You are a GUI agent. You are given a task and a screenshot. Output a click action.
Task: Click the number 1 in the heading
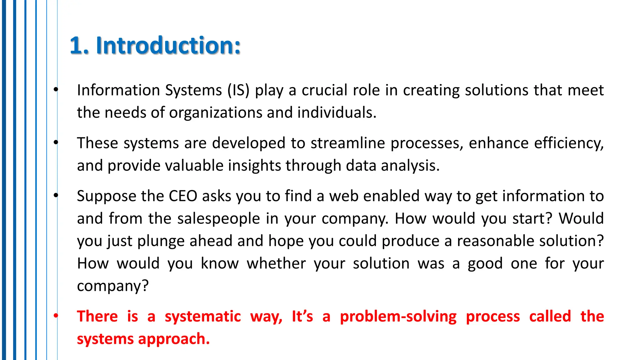pyautogui.click(x=76, y=46)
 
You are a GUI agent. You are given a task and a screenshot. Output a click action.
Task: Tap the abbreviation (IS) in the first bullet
pyautogui.click(x=238, y=90)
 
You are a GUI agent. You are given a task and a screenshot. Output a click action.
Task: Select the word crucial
pyautogui.click(x=324, y=90)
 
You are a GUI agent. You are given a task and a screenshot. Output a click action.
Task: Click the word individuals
pyautogui.click(x=337, y=112)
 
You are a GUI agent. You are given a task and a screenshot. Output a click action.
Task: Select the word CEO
pyautogui.click(x=183, y=196)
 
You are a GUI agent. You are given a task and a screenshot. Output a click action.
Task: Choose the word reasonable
pyautogui.click(x=495, y=241)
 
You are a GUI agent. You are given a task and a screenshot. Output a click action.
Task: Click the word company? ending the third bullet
pyautogui.click(x=112, y=286)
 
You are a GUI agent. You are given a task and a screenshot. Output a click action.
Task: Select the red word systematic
pyautogui.click(x=203, y=316)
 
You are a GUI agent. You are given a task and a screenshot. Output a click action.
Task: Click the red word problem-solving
pyautogui.click(x=398, y=316)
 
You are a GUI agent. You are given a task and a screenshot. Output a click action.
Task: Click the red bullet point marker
pyautogui.click(x=56, y=316)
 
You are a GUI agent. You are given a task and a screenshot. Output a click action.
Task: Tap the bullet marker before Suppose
pyautogui.click(x=56, y=196)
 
